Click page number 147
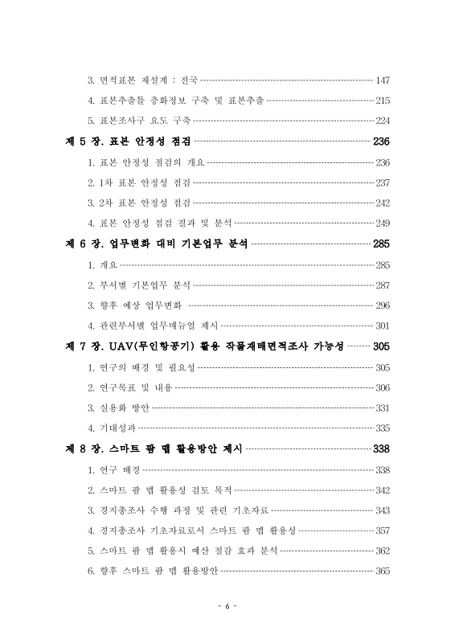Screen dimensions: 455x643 (383, 80)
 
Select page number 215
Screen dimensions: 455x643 (383, 101)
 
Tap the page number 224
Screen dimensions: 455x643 (383, 122)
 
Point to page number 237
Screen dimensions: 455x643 (383, 183)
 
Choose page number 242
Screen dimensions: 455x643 (383, 203)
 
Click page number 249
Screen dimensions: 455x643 (383, 224)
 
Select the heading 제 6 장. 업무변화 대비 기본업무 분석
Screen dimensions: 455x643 (156, 244)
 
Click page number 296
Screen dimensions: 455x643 (383, 306)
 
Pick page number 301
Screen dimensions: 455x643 (383, 326)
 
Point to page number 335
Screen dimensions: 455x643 (383, 428)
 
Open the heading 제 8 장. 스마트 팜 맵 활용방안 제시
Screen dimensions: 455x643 (153, 449)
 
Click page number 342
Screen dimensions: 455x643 (383, 490)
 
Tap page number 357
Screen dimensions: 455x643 (383, 531)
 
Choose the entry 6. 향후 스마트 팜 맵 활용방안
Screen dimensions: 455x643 (153, 572)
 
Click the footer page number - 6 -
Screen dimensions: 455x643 (227, 607)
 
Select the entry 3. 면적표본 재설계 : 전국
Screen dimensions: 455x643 (142, 80)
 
